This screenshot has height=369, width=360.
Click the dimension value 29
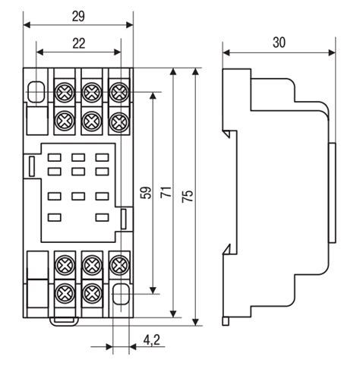click(x=78, y=17)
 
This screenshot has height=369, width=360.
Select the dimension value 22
click(x=79, y=43)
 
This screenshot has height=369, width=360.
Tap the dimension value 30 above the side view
click(x=279, y=43)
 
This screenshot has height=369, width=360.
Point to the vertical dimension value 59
click(x=147, y=192)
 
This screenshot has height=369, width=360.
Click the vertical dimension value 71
click(x=166, y=192)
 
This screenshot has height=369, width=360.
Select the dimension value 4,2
click(x=152, y=340)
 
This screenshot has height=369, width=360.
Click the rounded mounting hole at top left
click(x=35, y=92)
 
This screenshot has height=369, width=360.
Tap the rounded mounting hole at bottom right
click(x=121, y=294)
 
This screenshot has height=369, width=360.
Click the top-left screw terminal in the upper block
click(x=65, y=92)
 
